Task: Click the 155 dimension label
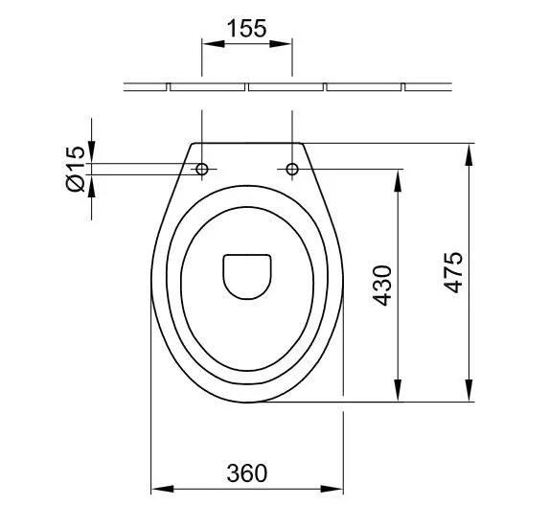pyautogui.click(x=247, y=29)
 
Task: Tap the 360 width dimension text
pyautogui.click(x=247, y=473)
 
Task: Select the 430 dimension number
pyautogui.click(x=382, y=286)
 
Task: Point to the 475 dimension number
pyautogui.click(x=453, y=272)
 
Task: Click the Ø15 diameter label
pyautogui.click(x=76, y=169)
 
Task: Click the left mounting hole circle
pyautogui.click(x=202, y=169)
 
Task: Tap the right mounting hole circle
pyautogui.click(x=292, y=169)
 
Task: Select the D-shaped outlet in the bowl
pyautogui.click(x=247, y=277)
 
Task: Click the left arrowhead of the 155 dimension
pyautogui.click(x=214, y=44)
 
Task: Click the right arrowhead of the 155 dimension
pyautogui.click(x=281, y=44)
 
